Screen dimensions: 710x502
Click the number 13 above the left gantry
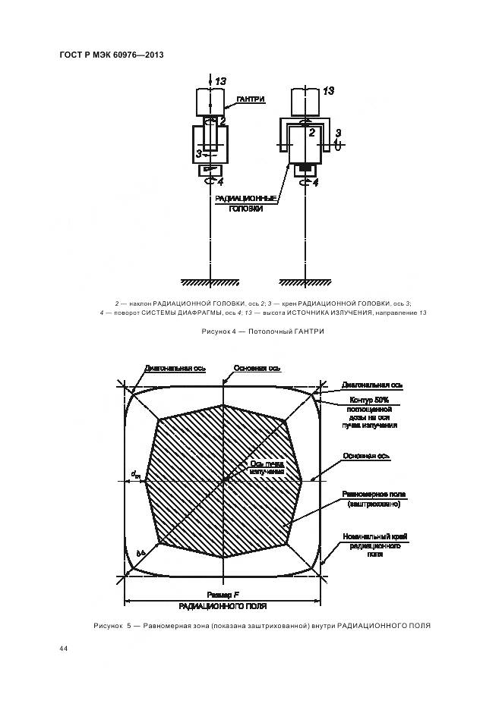coord(220,80)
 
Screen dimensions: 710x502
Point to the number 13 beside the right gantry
coord(328,90)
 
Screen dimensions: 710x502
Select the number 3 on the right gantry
coord(337,133)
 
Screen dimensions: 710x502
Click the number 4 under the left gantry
coord(219,182)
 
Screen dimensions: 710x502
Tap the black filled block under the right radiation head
coord(305,166)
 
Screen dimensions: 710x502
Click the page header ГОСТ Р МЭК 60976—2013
coord(111,55)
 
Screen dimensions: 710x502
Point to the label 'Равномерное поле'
coord(374,495)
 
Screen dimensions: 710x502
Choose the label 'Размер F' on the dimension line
coord(223,595)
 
